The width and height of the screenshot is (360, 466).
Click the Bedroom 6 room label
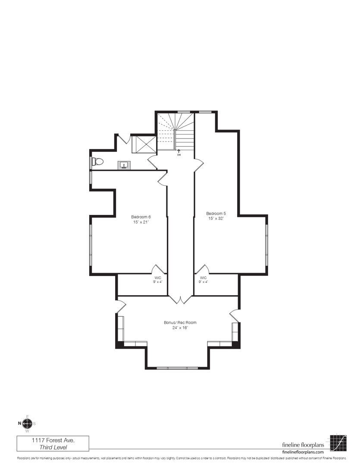141,217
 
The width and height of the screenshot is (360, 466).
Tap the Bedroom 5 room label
216,214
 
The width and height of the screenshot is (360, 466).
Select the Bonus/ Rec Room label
180,322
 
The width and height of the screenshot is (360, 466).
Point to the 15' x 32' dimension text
216,219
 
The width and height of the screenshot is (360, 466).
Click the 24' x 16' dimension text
180,327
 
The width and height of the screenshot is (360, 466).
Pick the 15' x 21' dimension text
141,222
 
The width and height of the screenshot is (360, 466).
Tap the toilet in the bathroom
98,162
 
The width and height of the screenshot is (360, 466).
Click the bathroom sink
124,165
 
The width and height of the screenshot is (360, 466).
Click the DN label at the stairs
179,154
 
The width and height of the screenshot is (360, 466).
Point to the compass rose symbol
27,423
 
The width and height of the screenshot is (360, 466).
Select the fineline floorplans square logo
339,443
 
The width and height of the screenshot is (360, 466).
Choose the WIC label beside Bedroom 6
157,277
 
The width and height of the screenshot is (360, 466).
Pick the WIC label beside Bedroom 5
203,277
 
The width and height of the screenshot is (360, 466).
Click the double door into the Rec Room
181,299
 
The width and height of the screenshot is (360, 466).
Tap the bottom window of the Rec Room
177,368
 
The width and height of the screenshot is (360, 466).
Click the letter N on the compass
19,423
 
